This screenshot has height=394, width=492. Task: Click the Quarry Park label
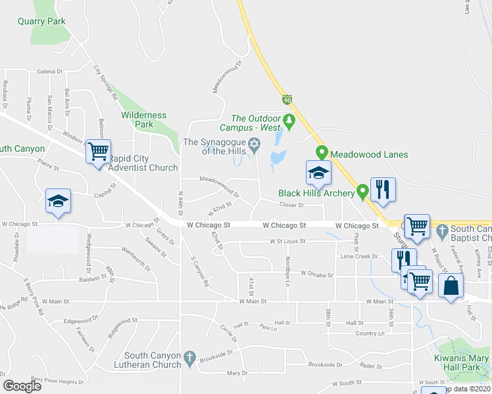(42, 21)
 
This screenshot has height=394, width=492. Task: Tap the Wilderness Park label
(143, 120)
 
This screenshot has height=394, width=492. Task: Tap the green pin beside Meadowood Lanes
(322, 152)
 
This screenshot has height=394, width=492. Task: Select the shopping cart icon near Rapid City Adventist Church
(99, 152)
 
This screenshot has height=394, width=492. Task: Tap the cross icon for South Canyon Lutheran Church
(189, 357)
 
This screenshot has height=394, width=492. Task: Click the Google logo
(22, 385)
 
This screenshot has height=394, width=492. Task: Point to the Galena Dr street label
(49, 71)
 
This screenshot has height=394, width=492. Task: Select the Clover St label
(291, 205)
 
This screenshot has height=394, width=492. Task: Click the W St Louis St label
(287, 241)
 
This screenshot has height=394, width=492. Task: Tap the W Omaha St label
(317, 274)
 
